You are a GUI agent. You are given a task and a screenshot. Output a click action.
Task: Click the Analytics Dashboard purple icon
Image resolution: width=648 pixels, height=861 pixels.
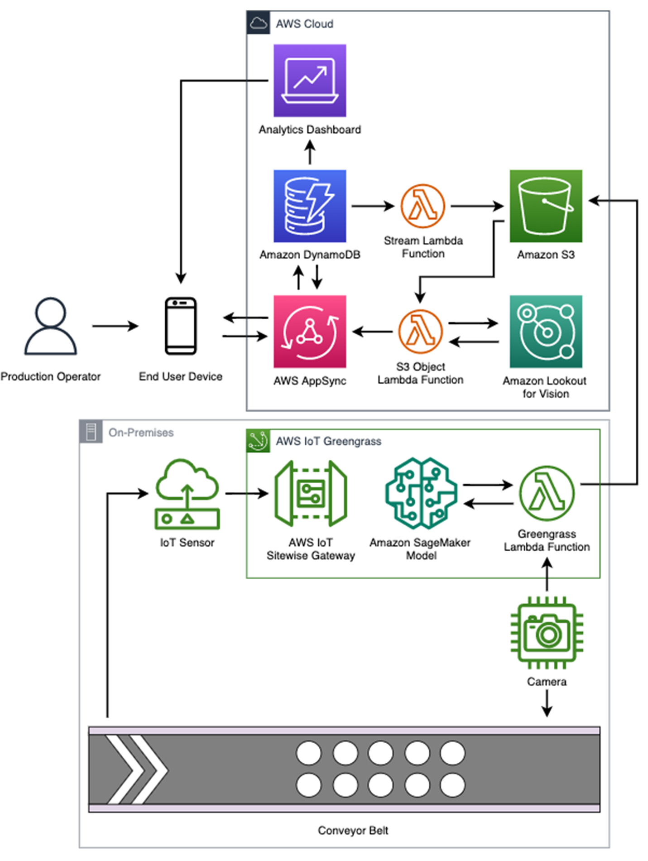click(310, 81)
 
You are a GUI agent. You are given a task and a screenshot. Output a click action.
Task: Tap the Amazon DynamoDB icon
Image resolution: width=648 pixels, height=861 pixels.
click(310, 206)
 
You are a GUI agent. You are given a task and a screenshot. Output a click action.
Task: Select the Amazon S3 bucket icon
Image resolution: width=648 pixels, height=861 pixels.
click(546, 206)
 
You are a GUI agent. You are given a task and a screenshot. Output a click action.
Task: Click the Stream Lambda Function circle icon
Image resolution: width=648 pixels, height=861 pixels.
click(422, 206)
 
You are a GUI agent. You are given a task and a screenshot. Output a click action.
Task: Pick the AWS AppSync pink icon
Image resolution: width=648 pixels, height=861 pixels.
click(310, 332)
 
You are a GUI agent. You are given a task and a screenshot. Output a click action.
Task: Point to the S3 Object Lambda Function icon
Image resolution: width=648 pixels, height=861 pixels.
click(420, 332)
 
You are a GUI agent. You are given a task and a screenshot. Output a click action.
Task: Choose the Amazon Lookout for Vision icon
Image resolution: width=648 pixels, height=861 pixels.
click(546, 332)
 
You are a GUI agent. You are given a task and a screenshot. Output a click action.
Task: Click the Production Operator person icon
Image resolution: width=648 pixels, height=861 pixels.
click(51, 326)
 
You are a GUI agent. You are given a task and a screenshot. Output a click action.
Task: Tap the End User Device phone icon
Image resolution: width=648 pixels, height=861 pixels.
click(181, 326)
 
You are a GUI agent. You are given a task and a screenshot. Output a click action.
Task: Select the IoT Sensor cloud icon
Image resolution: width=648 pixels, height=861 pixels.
click(187, 494)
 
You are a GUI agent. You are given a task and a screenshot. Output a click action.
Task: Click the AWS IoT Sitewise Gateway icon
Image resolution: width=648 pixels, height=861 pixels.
click(311, 494)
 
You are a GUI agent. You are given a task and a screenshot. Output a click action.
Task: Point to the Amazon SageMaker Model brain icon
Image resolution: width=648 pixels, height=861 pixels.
click(421, 494)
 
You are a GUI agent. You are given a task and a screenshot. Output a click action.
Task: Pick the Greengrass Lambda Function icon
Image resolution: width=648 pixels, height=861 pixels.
click(547, 494)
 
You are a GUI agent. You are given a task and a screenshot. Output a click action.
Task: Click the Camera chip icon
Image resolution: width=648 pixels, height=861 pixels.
click(547, 633)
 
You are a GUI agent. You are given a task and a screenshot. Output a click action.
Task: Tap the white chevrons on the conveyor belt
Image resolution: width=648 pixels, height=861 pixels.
click(136, 770)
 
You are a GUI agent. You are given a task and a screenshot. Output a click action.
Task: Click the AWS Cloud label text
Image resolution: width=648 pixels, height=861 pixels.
click(304, 24)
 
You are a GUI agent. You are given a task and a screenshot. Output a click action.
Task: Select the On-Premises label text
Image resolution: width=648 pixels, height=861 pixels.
click(141, 433)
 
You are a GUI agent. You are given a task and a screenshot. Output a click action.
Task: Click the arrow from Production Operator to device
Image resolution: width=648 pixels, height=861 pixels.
click(115, 326)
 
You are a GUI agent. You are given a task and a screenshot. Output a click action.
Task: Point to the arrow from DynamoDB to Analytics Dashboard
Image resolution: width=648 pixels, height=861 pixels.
click(310, 152)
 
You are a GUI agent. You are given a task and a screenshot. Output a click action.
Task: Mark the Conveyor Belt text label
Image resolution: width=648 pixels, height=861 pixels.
click(353, 830)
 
